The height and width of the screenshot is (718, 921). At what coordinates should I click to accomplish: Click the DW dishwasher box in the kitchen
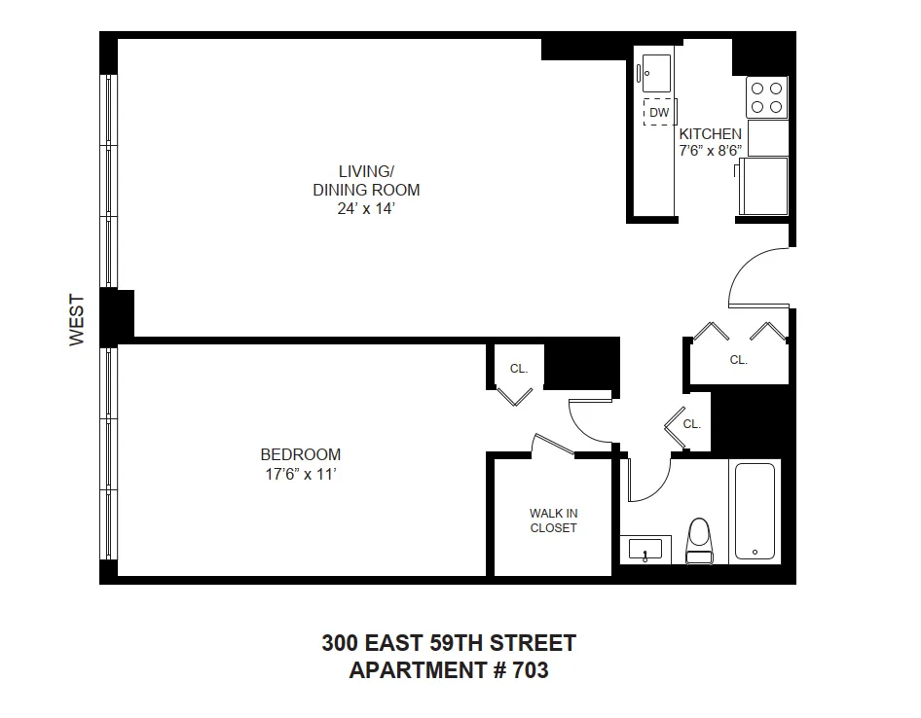click(x=659, y=113)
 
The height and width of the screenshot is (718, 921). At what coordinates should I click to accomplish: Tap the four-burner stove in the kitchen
click(x=766, y=97)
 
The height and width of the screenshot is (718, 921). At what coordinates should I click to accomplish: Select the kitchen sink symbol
click(x=654, y=71)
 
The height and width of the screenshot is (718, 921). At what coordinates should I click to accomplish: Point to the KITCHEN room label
click(x=710, y=134)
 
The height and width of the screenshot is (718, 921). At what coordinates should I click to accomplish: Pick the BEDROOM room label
click(x=300, y=454)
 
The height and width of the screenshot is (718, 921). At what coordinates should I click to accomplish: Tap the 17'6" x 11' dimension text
click(x=300, y=474)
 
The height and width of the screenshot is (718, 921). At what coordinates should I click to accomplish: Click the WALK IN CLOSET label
click(x=553, y=521)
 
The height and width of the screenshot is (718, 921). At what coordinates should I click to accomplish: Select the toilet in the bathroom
click(x=698, y=541)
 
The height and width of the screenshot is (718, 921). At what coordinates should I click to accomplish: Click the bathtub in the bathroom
click(x=755, y=511)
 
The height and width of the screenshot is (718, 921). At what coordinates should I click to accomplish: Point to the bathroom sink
click(x=644, y=550)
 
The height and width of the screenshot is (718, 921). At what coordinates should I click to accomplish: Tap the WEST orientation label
click(x=78, y=320)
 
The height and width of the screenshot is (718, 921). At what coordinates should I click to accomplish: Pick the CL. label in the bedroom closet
click(x=519, y=369)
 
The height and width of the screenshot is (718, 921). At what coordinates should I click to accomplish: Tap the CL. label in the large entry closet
click(x=739, y=360)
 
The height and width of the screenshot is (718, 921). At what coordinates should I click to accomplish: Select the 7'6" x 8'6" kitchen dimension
click(x=711, y=150)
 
